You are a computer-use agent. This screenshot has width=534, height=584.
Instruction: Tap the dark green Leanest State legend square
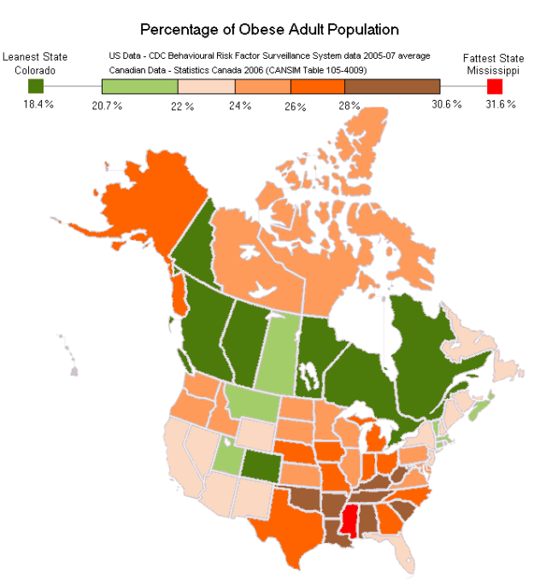point(35,86)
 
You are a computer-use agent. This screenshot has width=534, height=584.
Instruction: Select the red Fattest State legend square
point(495,86)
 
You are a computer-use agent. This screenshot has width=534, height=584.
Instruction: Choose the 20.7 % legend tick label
point(107,105)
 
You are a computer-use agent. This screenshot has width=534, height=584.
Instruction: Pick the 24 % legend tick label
point(240,105)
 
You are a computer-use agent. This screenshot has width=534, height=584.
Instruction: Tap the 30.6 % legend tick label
point(446,104)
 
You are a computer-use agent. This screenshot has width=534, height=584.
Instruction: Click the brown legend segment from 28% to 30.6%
point(392,86)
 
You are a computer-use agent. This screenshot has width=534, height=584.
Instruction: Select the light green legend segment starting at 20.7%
point(139,86)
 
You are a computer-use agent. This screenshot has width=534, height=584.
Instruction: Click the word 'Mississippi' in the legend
point(494,70)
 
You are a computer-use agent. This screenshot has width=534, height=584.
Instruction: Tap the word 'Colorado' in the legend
point(35,70)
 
